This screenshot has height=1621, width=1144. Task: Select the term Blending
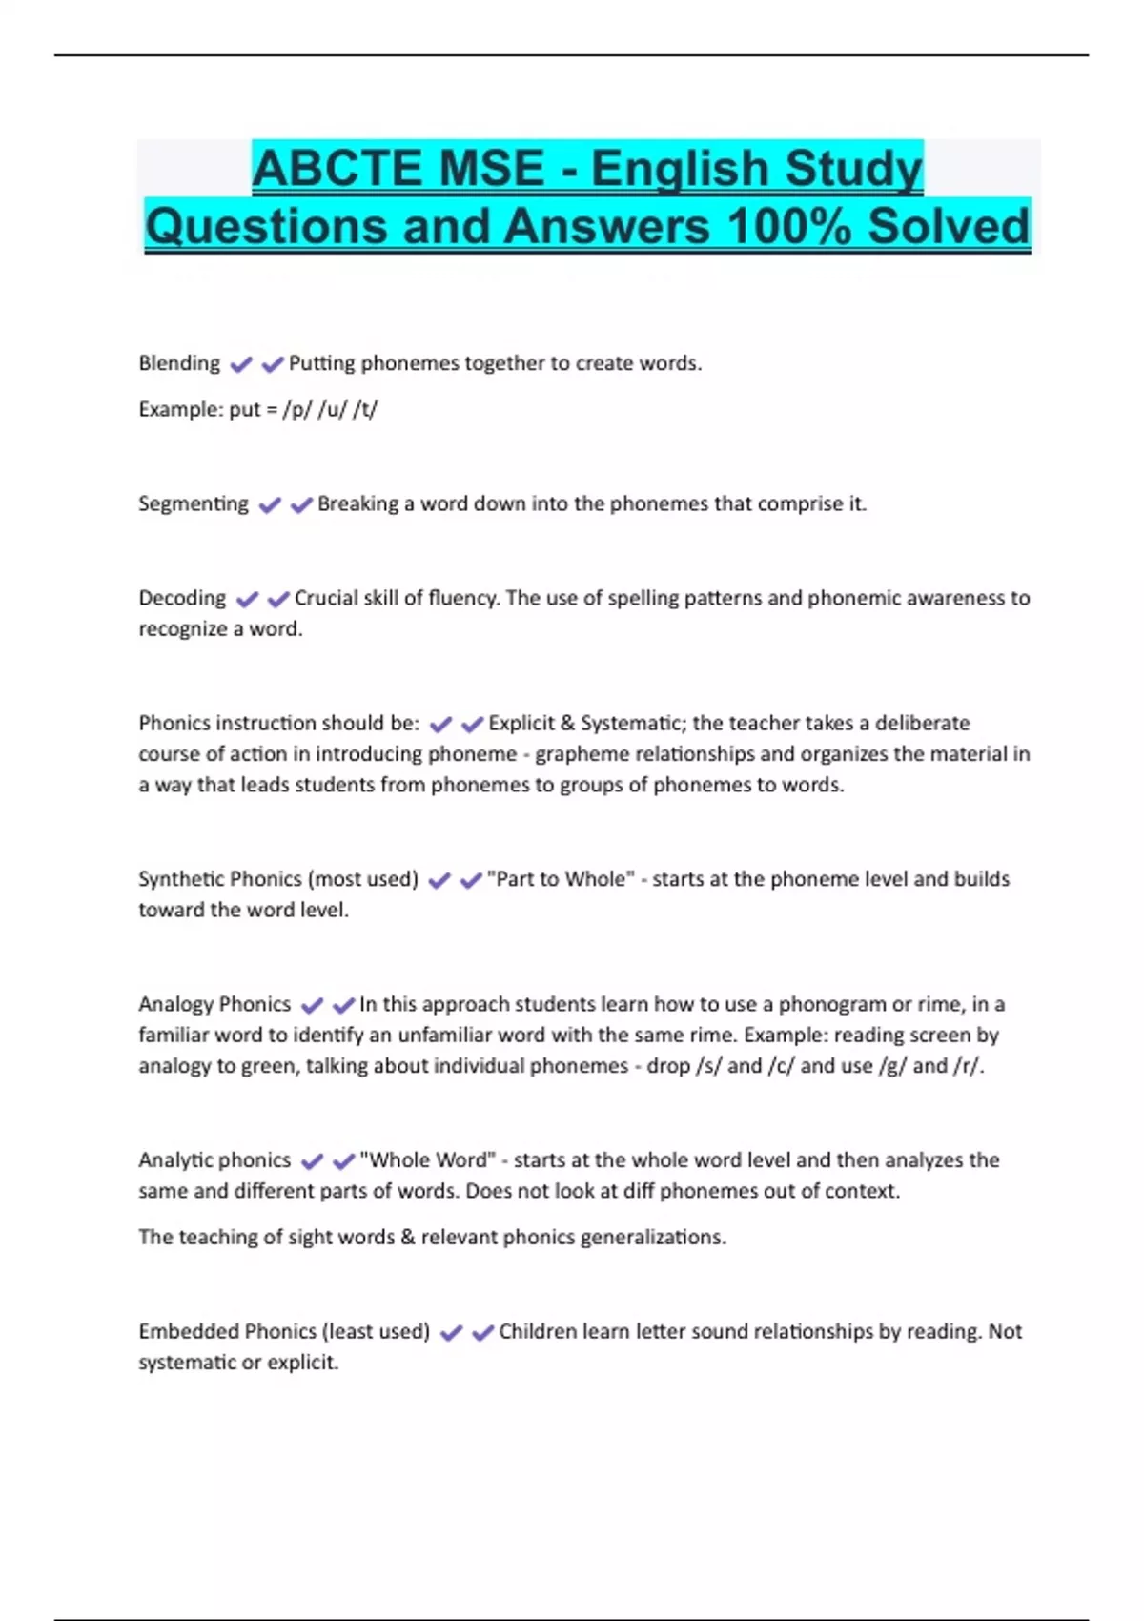[179, 363]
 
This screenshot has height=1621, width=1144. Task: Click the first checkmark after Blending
[241, 364]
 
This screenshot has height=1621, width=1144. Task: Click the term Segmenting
[194, 503]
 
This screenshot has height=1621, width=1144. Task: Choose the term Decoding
[182, 598]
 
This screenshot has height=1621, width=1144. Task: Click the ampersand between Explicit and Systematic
[567, 723]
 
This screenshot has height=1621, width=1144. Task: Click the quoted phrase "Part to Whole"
[561, 878]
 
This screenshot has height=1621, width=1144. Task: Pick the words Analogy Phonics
[214, 1004]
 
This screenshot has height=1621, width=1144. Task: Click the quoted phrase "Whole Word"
[427, 1159]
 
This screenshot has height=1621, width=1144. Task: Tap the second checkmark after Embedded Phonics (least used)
[482, 1332]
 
